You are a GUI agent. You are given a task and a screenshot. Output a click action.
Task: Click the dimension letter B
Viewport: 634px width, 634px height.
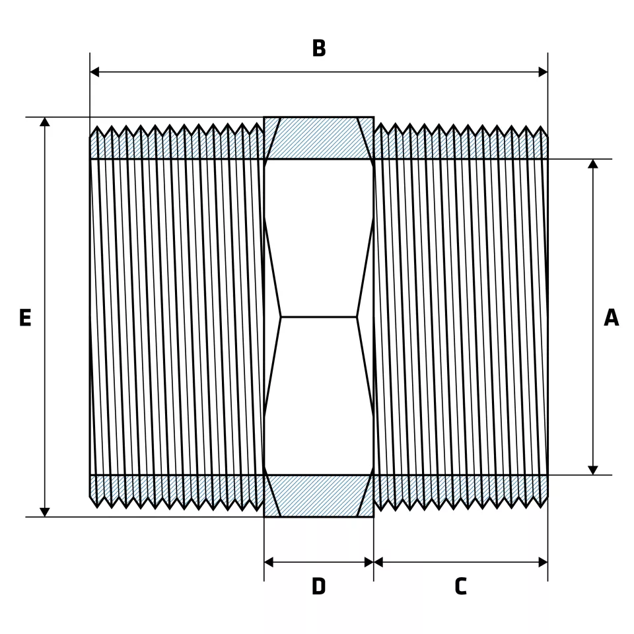point(319,48)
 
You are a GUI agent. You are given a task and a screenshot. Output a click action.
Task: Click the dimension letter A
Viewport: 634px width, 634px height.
point(612,318)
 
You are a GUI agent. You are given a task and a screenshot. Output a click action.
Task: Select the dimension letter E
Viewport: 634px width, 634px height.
point(25,318)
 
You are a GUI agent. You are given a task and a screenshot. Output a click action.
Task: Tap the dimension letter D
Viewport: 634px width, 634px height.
point(319,586)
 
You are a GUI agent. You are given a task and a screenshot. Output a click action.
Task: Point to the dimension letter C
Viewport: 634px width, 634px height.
point(460,586)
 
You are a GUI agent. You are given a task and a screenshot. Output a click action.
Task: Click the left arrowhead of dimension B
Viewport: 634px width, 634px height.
point(94,71)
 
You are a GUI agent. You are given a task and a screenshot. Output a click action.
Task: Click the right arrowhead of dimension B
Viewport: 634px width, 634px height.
point(543,71)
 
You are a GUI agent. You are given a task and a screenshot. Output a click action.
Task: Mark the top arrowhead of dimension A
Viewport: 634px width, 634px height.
point(593,164)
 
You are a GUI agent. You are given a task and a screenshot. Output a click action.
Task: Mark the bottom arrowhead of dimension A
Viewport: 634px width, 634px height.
point(593,470)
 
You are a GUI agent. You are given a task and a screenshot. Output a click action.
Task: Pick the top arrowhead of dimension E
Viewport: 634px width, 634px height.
point(45,122)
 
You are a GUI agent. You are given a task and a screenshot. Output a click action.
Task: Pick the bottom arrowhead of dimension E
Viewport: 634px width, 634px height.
point(45,512)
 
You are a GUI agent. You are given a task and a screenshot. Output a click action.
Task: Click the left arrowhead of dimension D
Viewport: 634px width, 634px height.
point(269,562)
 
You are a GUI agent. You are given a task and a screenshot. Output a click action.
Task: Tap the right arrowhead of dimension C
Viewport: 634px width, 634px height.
point(543,562)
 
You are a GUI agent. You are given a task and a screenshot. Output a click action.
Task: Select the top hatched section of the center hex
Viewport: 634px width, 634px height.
point(319,138)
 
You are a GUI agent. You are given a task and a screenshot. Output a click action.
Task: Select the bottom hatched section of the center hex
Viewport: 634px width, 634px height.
point(319,496)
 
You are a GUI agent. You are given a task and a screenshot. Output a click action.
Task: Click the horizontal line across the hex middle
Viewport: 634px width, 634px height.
point(319,317)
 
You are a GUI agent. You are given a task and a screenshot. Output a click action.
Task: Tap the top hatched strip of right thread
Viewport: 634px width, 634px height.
point(461,148)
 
